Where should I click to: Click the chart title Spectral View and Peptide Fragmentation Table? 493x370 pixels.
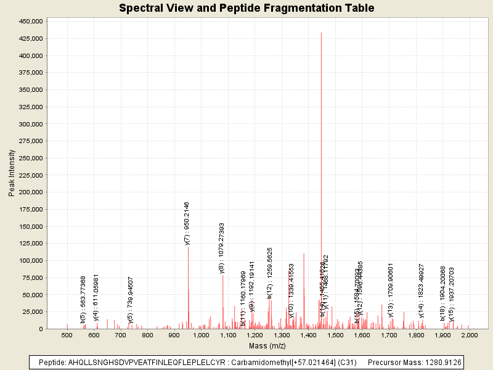246,8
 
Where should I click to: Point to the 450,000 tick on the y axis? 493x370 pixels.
30,21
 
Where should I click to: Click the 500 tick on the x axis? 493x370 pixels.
67,335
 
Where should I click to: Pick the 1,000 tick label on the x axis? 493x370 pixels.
201,335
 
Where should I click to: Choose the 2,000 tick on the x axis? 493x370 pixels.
470,335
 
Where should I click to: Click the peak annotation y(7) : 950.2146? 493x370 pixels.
187,223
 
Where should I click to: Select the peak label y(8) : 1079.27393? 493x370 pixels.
222,248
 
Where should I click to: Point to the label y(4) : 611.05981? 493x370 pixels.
96,298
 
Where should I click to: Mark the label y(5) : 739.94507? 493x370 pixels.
130,300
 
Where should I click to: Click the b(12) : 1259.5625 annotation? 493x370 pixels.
270,273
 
